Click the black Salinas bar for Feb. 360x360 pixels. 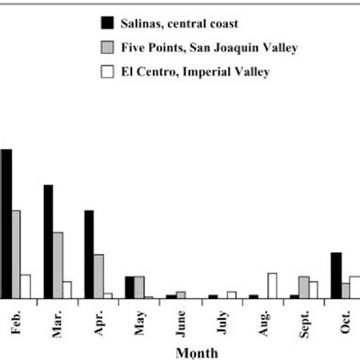[x=6, y=224]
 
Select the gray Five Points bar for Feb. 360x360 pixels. [x=16, y=254]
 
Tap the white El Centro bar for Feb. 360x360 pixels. [x=26, y=286]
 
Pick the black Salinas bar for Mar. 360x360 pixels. [x=48, y=242]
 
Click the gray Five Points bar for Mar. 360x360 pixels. [x=58, y=265]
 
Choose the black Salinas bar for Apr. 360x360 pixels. [x=89, y=254]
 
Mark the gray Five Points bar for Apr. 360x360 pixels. [x=99, y=276]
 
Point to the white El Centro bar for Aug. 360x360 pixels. [x=273, y=286]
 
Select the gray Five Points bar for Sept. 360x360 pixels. [x=304, y=287]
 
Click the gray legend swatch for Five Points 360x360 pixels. [x=107, y=49]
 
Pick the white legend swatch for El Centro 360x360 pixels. [x=107, y=73]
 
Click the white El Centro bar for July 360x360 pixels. [x=232, y=295]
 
